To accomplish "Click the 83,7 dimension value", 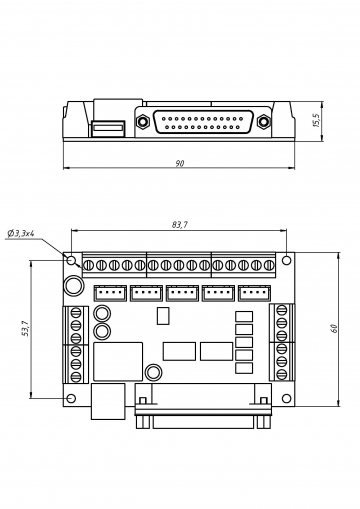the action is pos(180,225).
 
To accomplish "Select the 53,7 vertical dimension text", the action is pos(26,328).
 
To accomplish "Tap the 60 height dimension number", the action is pos(334,328).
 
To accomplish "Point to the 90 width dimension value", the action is pos(180,164).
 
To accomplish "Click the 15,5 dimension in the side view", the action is pos(316,120).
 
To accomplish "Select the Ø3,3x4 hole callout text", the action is pos(21,233).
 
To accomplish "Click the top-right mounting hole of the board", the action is pos(286,260).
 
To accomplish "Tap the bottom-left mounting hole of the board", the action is pos(71,398).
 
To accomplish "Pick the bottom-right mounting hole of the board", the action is pos(286,398).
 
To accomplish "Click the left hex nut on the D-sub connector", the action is pos(143,121).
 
